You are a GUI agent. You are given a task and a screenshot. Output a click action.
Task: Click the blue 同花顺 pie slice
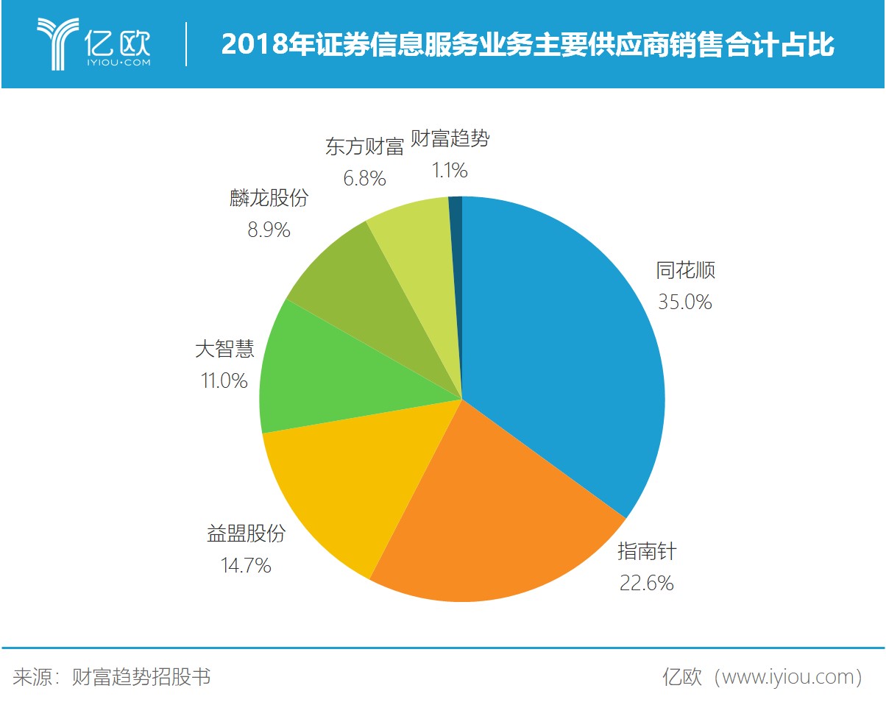pyautogui.click(x=559, y=353)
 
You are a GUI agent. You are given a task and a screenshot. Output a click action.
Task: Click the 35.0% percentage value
pyautogui.click(x=684, y=302)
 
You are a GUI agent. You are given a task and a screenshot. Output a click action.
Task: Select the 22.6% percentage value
pyautogui.click(x=645, y=584)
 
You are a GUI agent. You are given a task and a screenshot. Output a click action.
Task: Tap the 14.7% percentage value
pyautogui.click(x=246, y=565)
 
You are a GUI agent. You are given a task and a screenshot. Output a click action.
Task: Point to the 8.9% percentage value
pyautogui.click(x=269, y=230)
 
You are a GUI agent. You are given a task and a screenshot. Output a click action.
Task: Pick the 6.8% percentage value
pyautogui.click(x=364, y=178)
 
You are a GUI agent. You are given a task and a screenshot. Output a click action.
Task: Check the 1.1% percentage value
pyautogui.click(x=449, y=171)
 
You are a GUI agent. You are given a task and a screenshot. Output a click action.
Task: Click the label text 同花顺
pyautogui.click(x=685, y=271)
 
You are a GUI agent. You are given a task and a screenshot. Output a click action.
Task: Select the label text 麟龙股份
pyautogui.click(x=269, y=198)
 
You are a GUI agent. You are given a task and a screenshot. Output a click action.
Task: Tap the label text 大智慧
pyautogui.click(x=224, y=349)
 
